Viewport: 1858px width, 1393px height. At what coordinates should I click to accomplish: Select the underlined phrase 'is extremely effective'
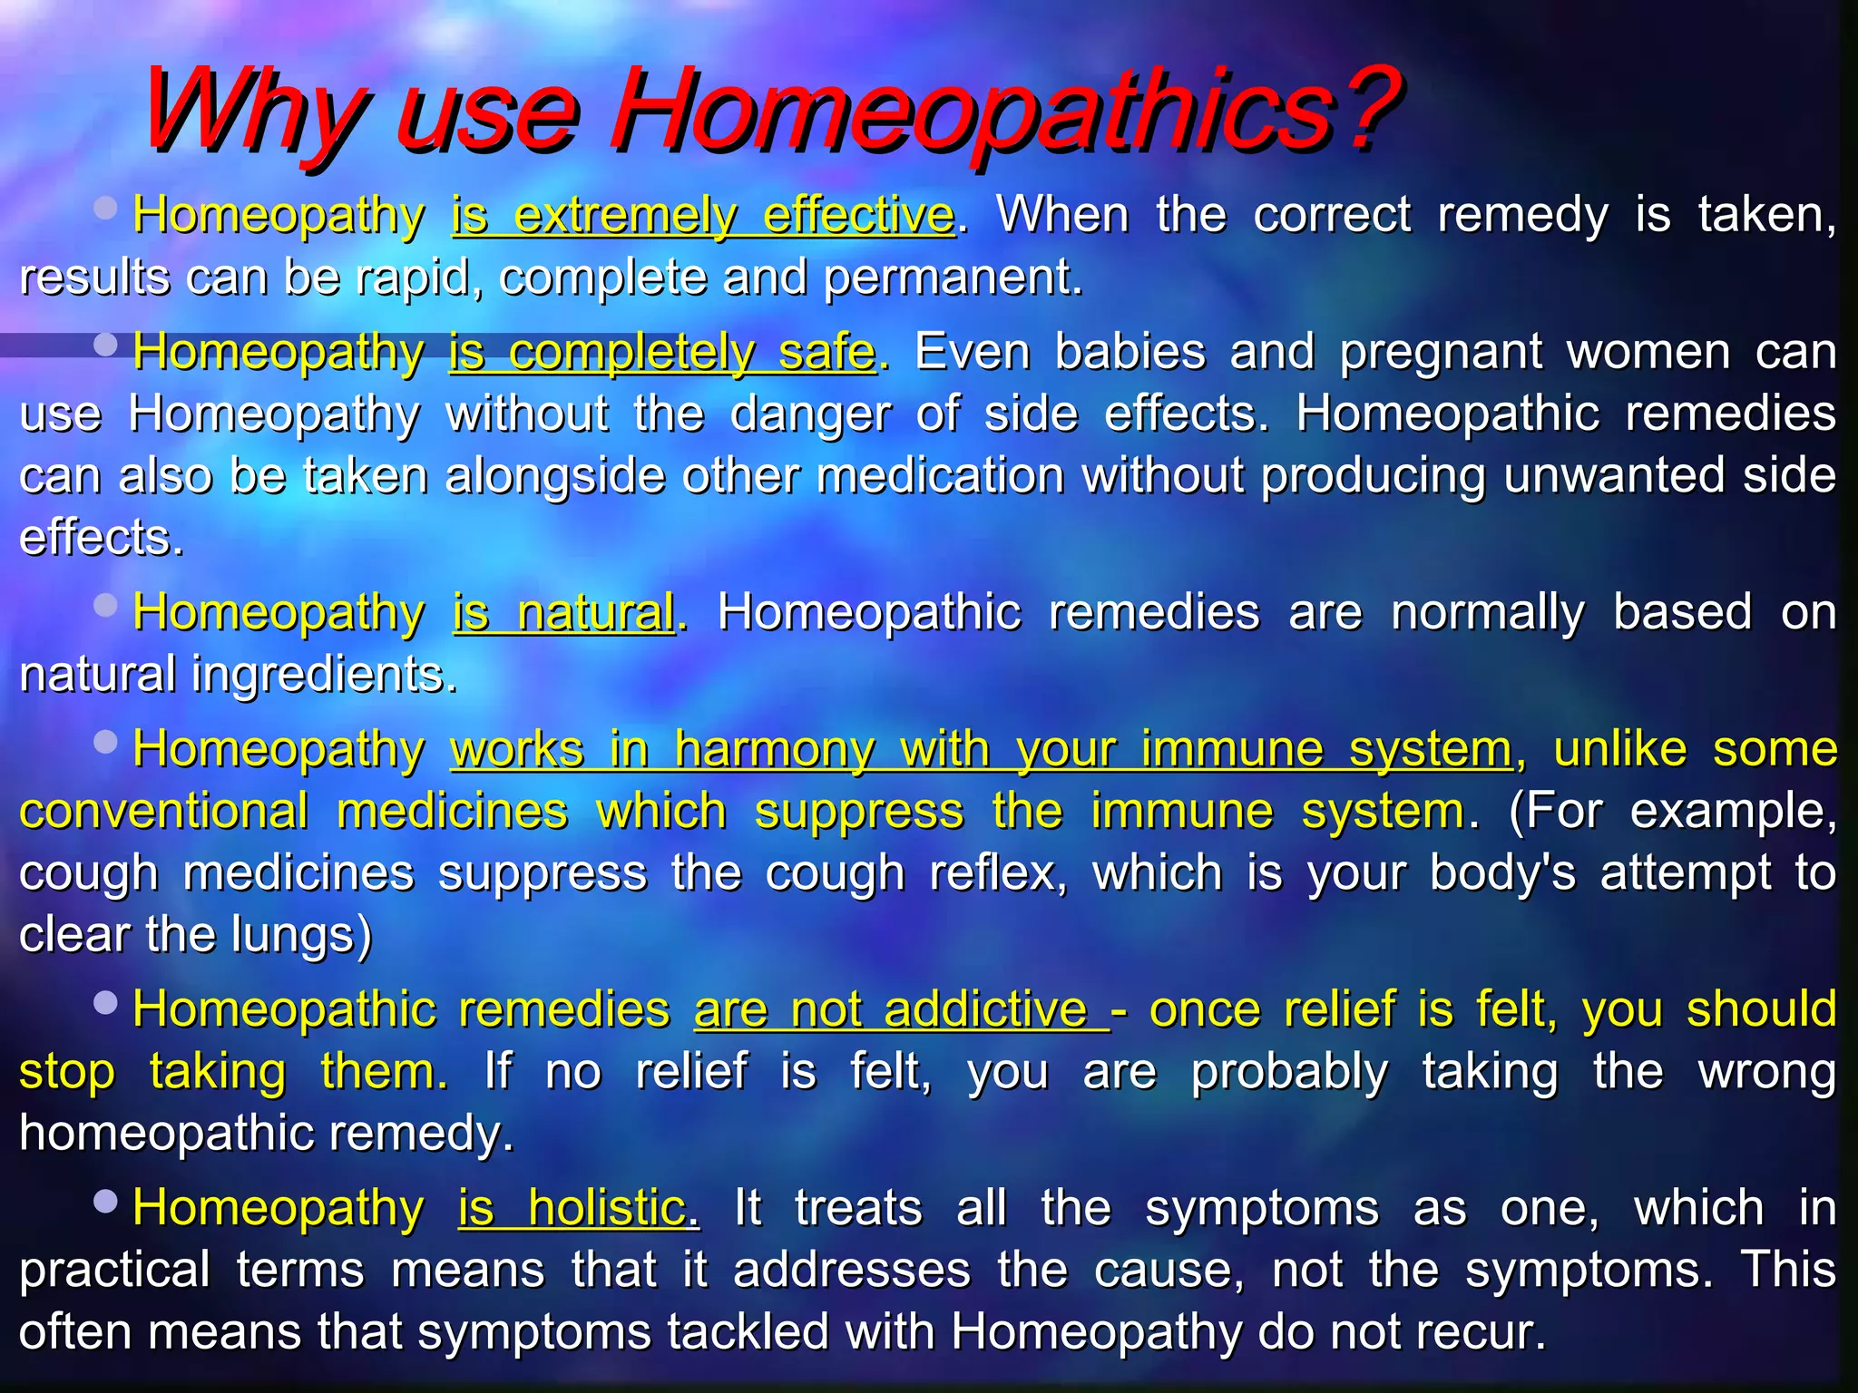click(x=703, y=216)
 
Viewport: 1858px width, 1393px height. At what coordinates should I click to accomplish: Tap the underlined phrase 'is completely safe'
click(x=662, y=352)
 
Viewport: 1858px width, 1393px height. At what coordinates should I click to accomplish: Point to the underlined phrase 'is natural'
click(x=563, y=613)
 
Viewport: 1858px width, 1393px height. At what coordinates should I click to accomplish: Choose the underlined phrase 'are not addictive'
click(x=898, y=1009)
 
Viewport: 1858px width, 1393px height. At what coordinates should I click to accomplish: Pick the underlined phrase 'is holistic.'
click(x=578, y=1208)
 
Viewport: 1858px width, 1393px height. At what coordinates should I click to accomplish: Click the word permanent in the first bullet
click(x=953, y=278)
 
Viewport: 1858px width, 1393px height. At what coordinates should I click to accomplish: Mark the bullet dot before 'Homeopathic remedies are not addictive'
click(x=106, y=1002)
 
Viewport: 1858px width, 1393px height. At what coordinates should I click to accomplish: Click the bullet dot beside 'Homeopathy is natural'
click(x=106, y=605)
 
